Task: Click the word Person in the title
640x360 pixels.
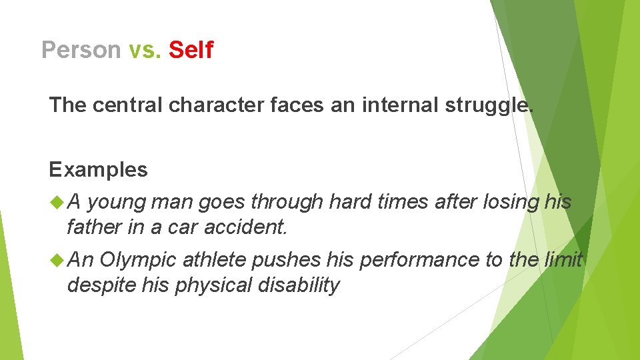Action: [81, 49]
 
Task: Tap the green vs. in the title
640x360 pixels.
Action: [145, 49]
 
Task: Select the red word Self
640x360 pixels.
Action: [191, 49]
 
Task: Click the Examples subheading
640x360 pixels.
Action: [98, 169]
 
